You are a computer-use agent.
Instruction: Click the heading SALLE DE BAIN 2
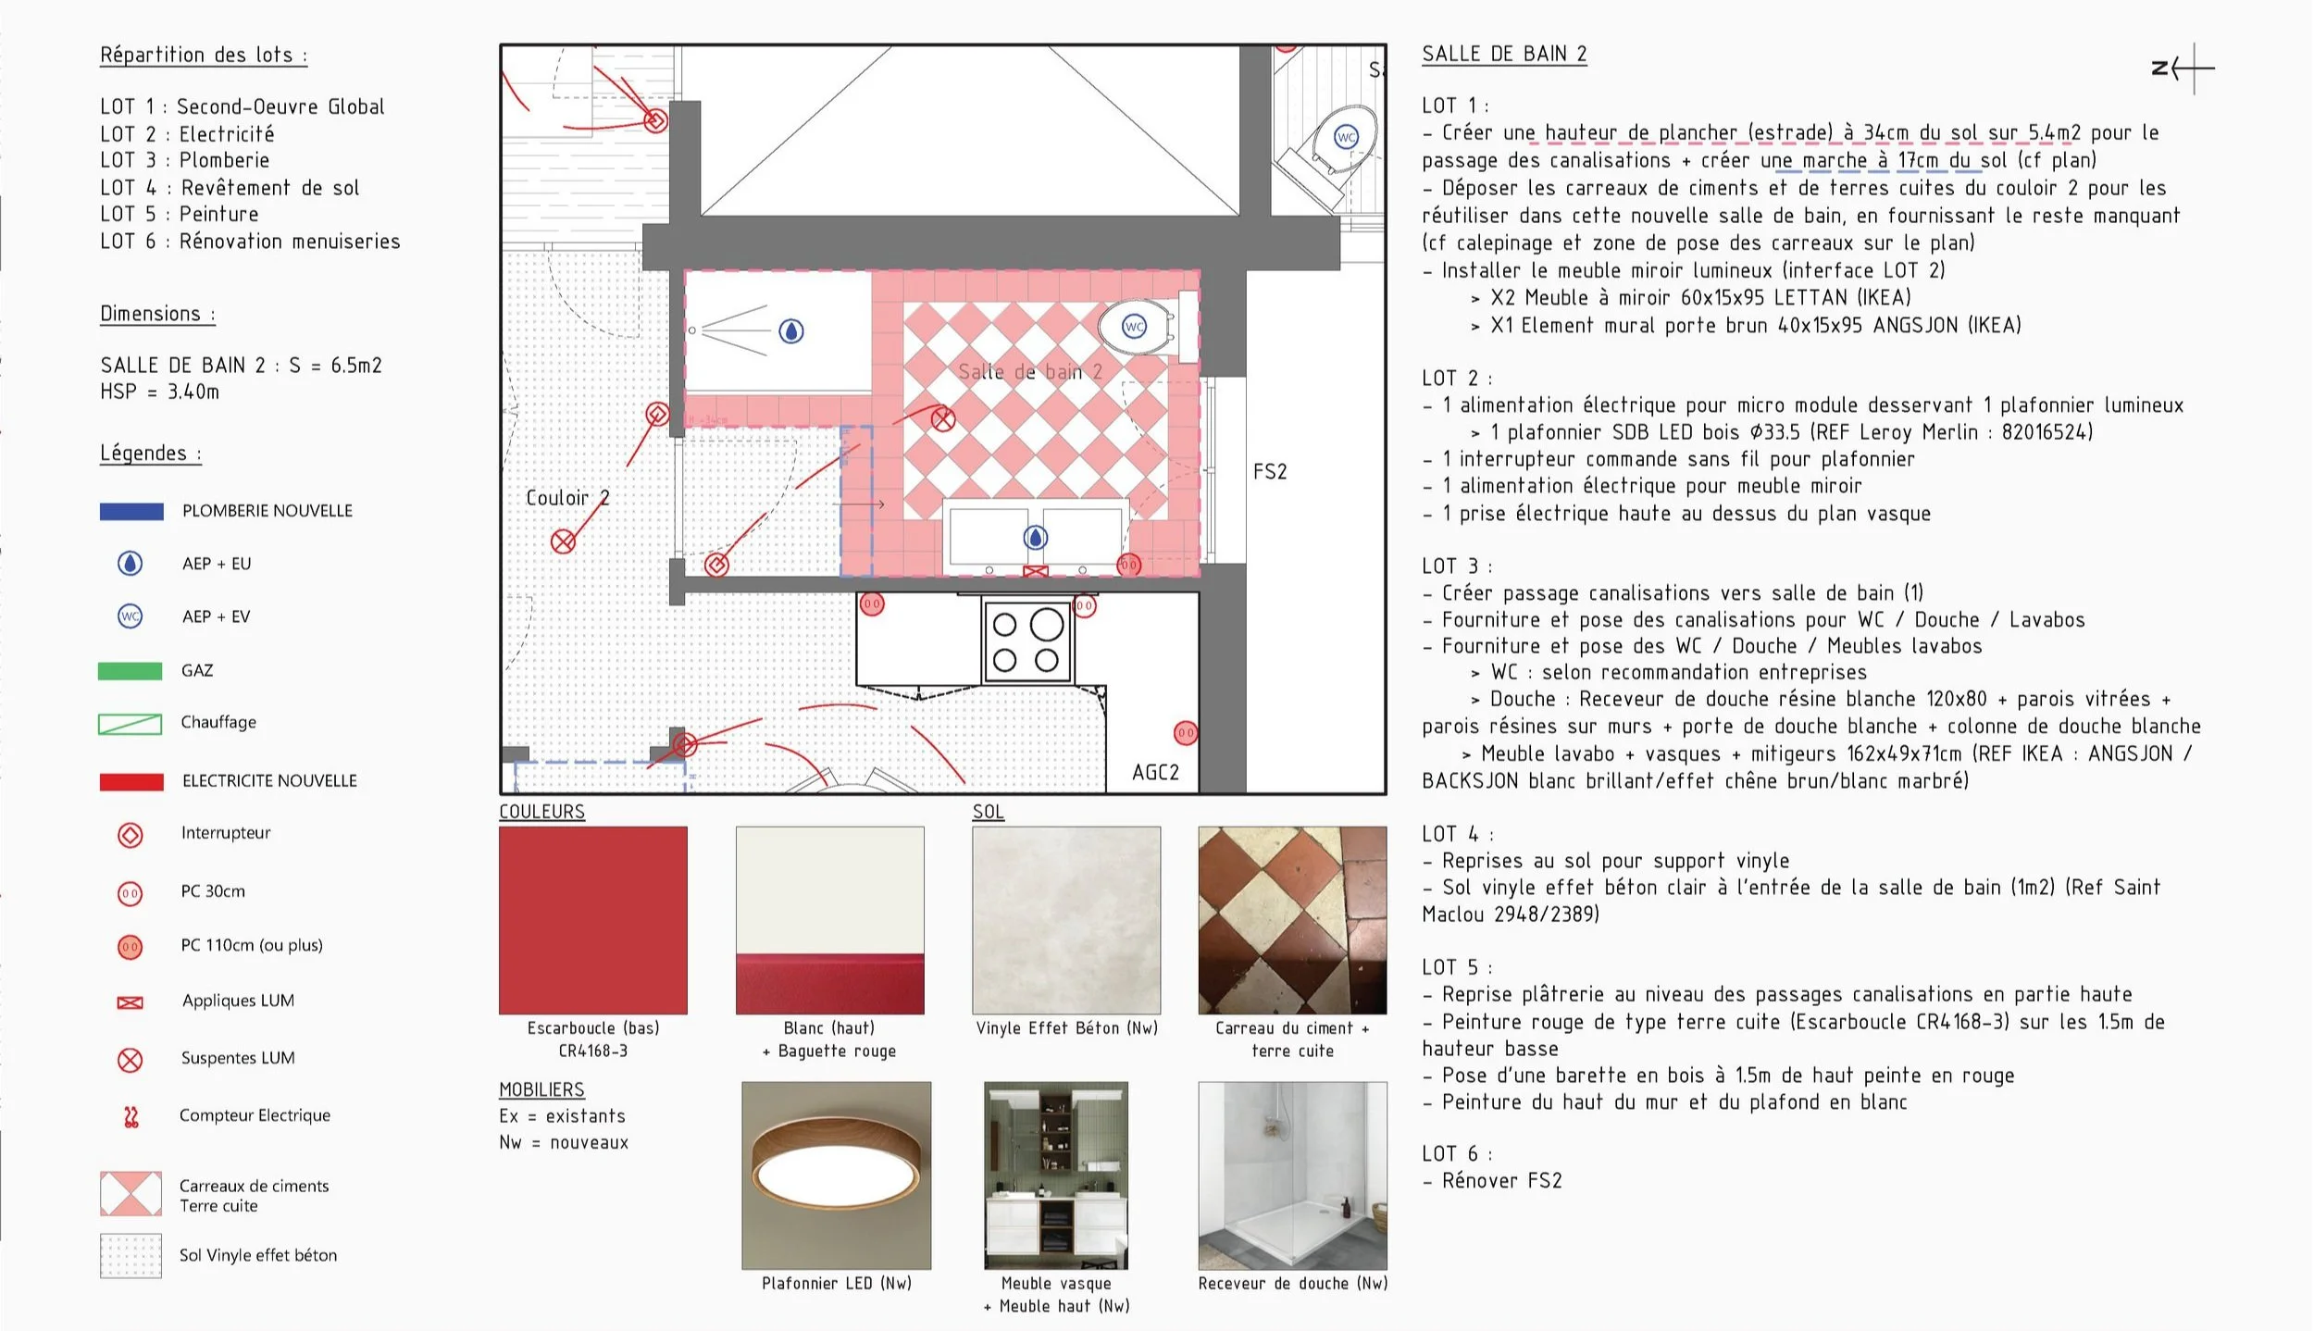point(1504,55)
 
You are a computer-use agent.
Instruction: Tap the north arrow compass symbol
point(2184,68)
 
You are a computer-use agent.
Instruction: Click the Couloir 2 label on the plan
point(567,498)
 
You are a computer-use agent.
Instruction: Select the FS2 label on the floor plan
point(1270,472)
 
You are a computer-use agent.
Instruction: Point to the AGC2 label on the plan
point(1155,773)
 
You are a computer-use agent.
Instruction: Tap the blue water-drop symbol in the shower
point(791,331)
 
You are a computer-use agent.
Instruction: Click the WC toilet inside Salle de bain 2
point(1137,327)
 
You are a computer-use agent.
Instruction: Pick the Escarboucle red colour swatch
point(593,920)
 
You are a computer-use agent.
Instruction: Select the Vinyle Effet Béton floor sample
point(1066,920)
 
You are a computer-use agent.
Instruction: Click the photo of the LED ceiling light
point(837,1176)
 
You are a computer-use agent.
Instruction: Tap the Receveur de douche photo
point(1292,1176)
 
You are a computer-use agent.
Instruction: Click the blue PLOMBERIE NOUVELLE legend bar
point(131,512)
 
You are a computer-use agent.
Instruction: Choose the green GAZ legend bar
point(131,671)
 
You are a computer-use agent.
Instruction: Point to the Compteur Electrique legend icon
point(131,1117)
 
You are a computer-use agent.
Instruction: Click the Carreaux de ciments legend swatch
point(131,1194)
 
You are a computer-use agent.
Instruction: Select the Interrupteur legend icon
point(131,835)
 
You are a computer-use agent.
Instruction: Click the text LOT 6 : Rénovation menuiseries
point(250,242)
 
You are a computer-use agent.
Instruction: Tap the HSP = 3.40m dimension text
point(160,392)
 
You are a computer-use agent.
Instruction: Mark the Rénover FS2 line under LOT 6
point(1501,1181)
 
